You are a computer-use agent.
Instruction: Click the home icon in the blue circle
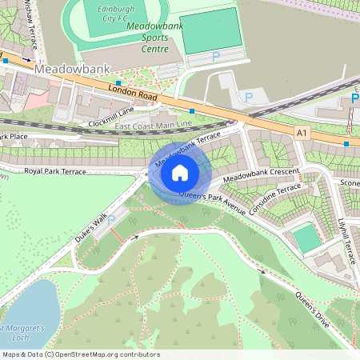tap(180, 172)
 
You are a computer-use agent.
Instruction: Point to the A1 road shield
tap(301, 131)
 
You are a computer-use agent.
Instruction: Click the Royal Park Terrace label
tap(54, 171)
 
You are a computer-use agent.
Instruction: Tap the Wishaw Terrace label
tap(31, 20)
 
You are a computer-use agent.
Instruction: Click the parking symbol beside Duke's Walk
tap(111, 218)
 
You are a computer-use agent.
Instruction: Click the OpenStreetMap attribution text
tap(80, 354)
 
